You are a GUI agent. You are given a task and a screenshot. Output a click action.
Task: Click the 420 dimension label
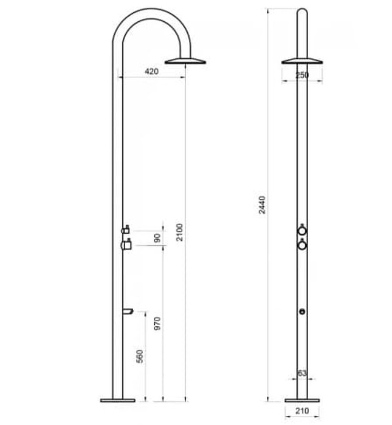pos(152,72)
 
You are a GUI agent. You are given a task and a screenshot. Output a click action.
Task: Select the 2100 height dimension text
pos(179,231)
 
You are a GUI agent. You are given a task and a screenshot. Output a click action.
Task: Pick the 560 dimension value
pos(140,356)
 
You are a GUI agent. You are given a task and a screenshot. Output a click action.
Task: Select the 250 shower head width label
pos(302,75)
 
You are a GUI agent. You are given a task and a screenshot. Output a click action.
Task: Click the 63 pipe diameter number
pos(301,373)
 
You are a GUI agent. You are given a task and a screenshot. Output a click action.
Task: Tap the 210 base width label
pos(302,411)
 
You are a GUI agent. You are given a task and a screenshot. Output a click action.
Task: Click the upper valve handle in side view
pos(126,230)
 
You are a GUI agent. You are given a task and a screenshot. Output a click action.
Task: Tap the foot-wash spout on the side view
pos(127,311)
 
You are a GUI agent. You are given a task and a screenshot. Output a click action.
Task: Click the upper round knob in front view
pos(302,231)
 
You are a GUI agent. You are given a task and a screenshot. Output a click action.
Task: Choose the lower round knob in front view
pos(302,245)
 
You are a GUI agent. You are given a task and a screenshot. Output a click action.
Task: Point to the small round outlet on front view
pos(302,311)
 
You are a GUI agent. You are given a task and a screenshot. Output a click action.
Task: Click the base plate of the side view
pos(118,400)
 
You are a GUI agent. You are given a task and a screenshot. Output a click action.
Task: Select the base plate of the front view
pos(302,400)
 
